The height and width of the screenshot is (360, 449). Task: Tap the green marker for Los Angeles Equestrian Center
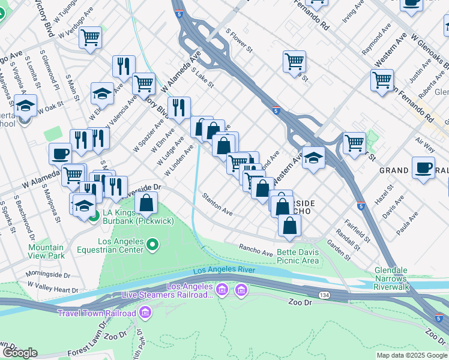coord(152,244)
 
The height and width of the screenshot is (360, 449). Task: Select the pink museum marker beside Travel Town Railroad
coord(145,313)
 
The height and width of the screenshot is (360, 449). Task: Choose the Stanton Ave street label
coord(217,204)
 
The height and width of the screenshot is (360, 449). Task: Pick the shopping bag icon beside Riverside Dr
coord(146,204)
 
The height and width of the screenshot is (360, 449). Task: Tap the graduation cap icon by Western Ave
coord(313,158)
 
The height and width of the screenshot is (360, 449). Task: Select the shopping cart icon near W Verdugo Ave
coord(91,38)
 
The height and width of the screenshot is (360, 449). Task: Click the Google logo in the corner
coord(19,353)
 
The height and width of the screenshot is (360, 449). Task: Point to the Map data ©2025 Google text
coord(412,355)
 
